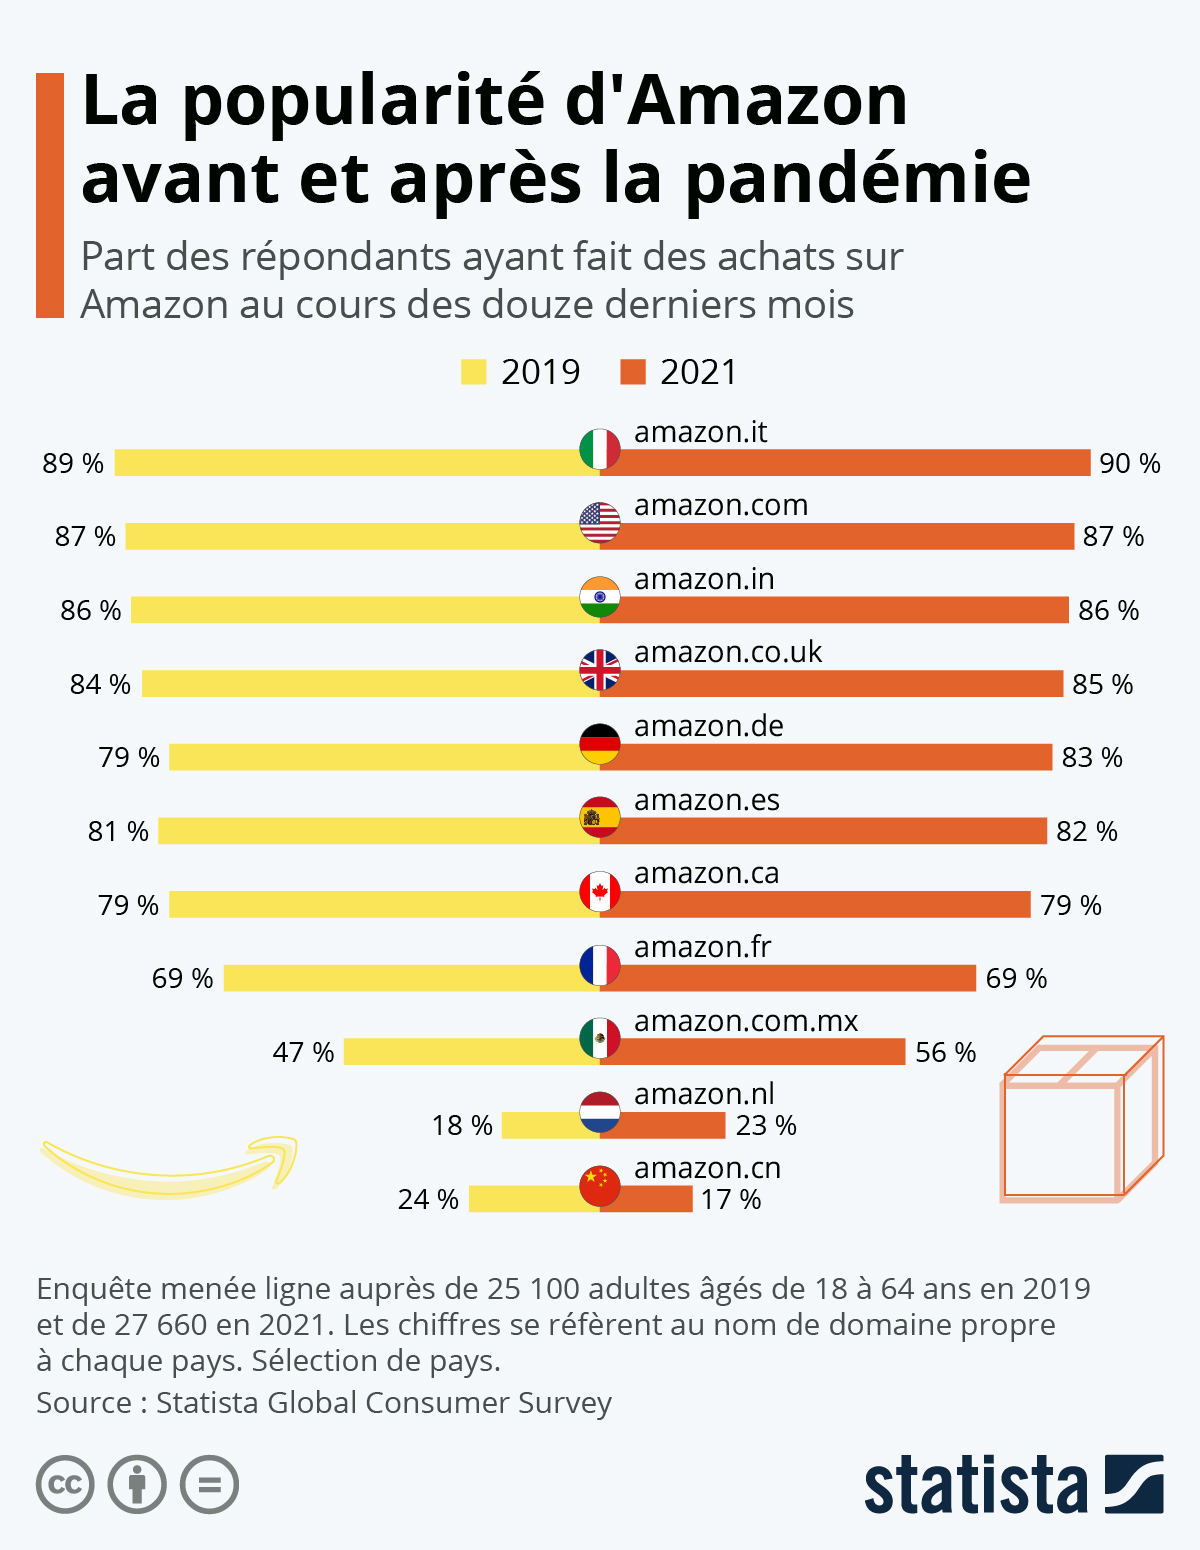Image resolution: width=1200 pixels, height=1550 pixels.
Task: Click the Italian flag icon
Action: pos(600,450)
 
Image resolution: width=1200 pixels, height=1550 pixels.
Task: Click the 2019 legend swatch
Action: pos(473,372)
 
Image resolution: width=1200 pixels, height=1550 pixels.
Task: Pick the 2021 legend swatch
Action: pos(633,372)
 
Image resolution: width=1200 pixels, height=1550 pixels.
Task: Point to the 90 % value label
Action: pos(1130,463)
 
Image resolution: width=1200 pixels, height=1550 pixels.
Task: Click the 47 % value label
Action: pos(303,1052)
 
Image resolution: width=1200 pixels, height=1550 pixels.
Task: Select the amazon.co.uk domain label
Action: pos(728,652)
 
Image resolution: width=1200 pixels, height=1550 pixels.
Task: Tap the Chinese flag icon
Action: pos(600,1186)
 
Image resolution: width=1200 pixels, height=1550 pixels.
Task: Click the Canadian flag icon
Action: pos(600,891)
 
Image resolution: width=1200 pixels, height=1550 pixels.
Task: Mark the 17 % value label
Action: pos(731,1199)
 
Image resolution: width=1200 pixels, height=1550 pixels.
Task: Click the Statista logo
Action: pos(1013,1485)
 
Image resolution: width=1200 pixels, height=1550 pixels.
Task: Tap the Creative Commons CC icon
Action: pos(66,1484)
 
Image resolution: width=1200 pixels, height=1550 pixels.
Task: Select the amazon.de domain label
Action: pos(709,726)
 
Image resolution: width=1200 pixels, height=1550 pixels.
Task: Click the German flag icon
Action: pos(600,744)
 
